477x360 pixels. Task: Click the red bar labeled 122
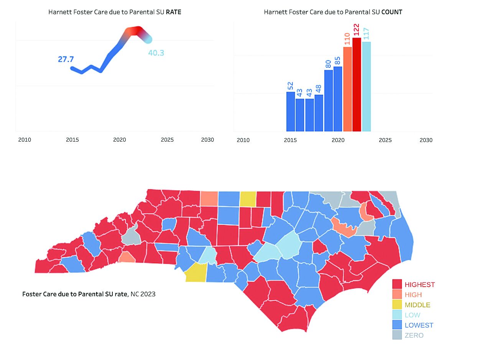click(357, 84)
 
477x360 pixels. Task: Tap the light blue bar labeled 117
click(366, 86)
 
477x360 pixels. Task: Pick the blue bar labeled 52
click(291, 111)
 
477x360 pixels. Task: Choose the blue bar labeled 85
click(338, 99)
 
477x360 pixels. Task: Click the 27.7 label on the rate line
click(66, 59)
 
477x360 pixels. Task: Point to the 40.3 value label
click(156, 53)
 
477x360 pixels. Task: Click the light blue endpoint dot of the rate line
click(148, 39)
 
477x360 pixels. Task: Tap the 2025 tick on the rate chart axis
click(167, 140)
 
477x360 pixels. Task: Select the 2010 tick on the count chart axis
click(243, 140)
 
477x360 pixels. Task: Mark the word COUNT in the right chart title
click(392, 12)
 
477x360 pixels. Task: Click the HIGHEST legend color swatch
click(397, 284)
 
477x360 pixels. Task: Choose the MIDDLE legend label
click(418, 305)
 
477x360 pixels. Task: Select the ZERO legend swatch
click(397, 335)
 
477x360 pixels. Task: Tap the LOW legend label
click(413, 315)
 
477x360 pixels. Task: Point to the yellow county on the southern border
click(196, 273)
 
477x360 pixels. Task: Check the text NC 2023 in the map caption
click(143, 294)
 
